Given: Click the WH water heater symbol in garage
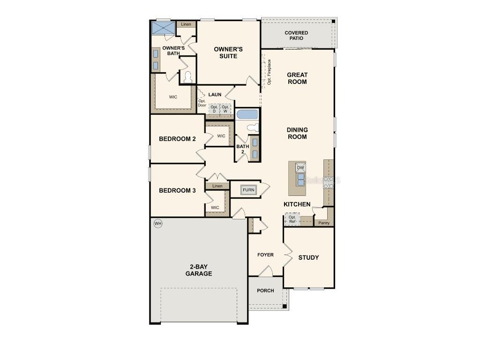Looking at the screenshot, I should (x=158, y=224).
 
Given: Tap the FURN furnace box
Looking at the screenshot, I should (x=248, y=190).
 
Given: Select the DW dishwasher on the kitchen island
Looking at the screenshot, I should (x=300, y=167).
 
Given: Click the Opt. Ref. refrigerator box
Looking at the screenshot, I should (x=292, y=219).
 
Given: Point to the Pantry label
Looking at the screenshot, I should (x=324, y=223).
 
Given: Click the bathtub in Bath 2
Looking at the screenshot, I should (x=247, y=114).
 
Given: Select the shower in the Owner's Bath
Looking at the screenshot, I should (x=163, y=28).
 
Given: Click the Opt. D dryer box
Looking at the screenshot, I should (x=214, y=109).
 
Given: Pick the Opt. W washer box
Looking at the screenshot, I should (x=225, y=109).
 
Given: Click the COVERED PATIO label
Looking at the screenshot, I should (x=296, y=35).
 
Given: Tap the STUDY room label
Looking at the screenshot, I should (x=308, y=257).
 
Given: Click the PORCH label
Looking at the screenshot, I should (x=265, y=291).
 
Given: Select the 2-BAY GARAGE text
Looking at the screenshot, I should (x=199, y=270).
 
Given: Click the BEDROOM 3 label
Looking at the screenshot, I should (x=177, y=190).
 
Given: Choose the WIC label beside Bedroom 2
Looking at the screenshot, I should (x=221, y=136).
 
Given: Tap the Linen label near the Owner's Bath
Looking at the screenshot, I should (x=186, y=24).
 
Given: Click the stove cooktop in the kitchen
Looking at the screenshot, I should (x=329, y=181).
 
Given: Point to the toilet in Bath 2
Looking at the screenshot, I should (x=252, y=127).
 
